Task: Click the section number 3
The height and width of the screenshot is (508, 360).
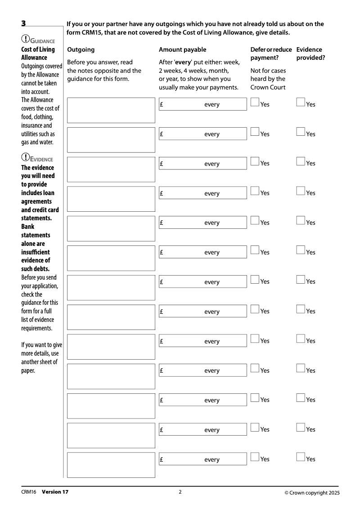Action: coord(23,23)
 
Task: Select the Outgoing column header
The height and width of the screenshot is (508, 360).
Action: coord(81,49)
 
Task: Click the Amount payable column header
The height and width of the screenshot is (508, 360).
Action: coord(183,49)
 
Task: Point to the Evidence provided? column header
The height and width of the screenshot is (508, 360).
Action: coord(310,53)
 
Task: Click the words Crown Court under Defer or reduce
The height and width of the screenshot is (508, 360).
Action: coord(268,87)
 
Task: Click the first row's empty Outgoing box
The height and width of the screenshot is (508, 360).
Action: coord(111,110)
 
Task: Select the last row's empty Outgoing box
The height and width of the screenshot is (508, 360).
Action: coord(111,465)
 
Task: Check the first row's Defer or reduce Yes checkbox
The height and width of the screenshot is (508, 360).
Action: coord(255,102)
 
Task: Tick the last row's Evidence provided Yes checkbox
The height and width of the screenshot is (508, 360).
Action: coord(301,457)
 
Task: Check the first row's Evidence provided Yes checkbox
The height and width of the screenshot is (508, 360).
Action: coord(301,102)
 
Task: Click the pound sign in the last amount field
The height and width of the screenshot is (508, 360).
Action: coord(162,459)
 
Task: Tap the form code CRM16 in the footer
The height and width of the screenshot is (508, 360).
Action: coord(28,492)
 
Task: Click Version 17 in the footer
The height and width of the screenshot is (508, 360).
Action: coord(55,492)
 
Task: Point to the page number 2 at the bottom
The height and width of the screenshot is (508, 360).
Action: coord(180,492)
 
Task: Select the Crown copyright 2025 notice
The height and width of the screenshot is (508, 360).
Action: coord(312,493)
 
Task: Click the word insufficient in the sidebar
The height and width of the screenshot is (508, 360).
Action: coord(36,252)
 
